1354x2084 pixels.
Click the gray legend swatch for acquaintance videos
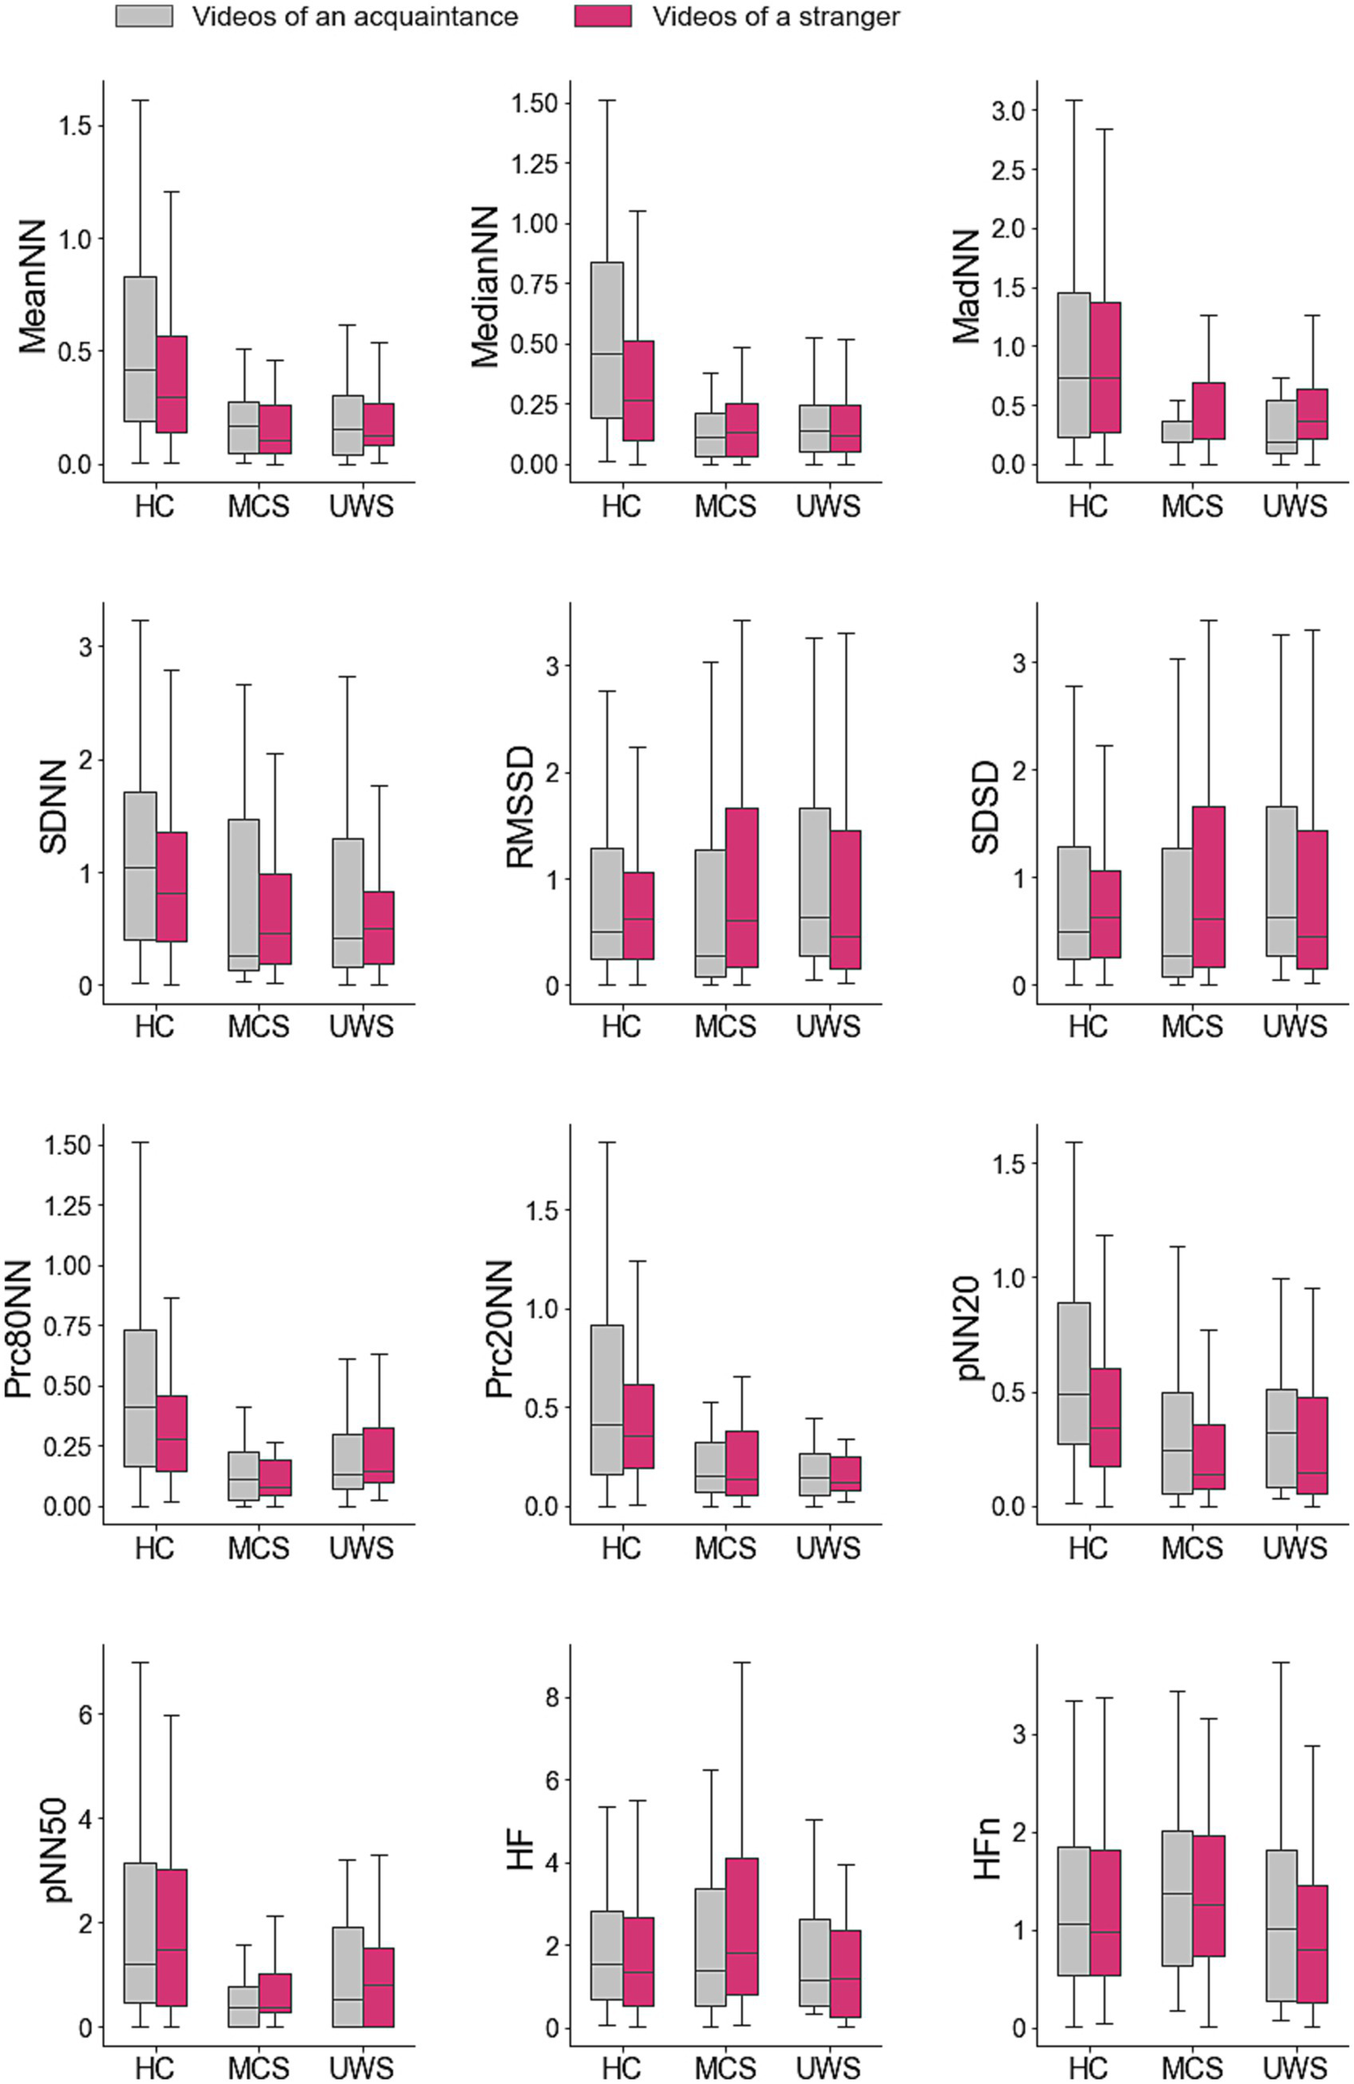click(x=144, y=16)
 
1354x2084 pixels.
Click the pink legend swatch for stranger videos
click(x=602, y=16)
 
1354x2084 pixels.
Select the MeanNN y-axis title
click(x=34, y=287)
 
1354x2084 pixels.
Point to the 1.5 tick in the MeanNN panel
click(x=75, y=125)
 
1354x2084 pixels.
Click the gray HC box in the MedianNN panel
click(x=607, y=340)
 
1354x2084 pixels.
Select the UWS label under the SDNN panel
click(x=361, y=1026)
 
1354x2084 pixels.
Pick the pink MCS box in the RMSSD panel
click(x=742, y=887)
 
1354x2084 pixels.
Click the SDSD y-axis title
click(x=986, y=806)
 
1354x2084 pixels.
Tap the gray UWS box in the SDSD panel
click(x=1281, y=881)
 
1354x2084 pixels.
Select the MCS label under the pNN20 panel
click(x=1192, y=1548)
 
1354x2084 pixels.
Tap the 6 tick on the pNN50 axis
click(x=85, y=1714)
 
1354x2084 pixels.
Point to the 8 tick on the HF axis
click(x=551, y=1697)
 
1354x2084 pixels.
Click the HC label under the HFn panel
click(x=1088, y=2068)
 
